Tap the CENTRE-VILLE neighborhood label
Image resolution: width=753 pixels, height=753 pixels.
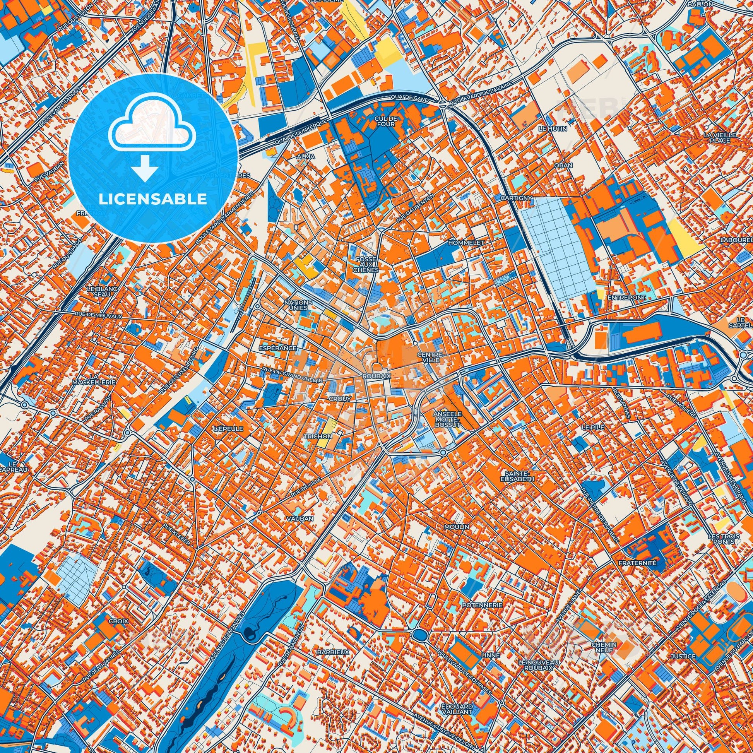(x=430, y=358)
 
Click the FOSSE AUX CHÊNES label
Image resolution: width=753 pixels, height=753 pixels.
(x=365, y=264)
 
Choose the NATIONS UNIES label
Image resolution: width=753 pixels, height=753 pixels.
(x=298, y=305)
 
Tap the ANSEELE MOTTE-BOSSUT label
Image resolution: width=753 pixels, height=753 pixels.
(x=447, y=419)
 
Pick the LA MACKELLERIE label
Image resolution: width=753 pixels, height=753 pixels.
(x=93, y=380)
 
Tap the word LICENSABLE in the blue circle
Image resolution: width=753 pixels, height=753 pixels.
(x=153, y=199)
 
